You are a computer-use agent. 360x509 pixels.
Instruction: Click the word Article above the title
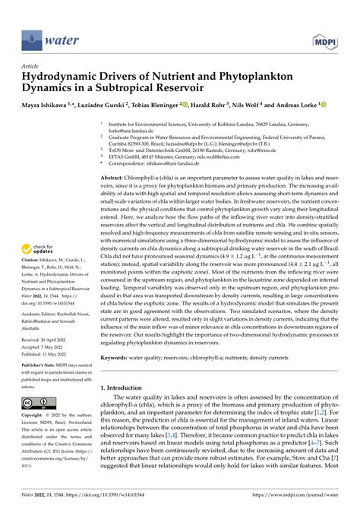[33, 66]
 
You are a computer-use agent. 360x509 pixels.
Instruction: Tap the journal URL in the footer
[302, 501]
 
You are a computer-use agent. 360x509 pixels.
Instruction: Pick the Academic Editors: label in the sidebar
[43, 291]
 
